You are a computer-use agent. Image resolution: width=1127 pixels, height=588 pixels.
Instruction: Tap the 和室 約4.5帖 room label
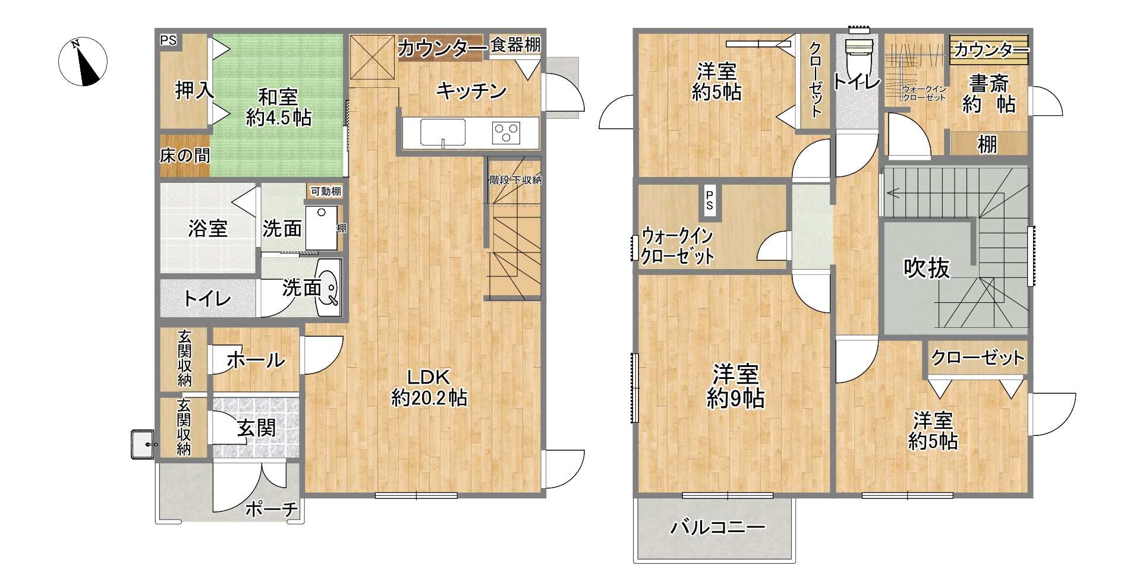tap(279, 107)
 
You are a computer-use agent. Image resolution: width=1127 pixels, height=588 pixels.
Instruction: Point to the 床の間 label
tap(185, 156)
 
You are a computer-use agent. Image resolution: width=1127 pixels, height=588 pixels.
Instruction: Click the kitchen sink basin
tap(443, 132)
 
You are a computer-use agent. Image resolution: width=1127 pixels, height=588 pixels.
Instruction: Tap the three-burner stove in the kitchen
tap(506, 132)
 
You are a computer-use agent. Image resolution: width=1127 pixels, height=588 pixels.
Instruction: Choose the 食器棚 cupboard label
tap(515, 45)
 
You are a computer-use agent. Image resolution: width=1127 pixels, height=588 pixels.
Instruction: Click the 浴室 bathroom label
tap(208, 228)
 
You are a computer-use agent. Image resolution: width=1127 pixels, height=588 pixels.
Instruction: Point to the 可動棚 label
tap(326, 191)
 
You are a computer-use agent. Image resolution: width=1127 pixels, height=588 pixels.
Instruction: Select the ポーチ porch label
tap(272, 509)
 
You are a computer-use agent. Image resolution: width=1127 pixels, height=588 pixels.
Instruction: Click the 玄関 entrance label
tap(257, 428)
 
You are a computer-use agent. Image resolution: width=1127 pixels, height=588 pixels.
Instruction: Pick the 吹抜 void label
tap(927, 268)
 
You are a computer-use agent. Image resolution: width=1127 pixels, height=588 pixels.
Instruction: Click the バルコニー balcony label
tap(718, 527)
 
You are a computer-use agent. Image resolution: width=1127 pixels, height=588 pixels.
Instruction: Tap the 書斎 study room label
tap(990, 83)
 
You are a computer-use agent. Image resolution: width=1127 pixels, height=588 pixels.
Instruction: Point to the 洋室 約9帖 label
tap(736, 387)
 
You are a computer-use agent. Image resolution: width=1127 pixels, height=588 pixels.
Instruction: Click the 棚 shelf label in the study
tap(988, 144)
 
